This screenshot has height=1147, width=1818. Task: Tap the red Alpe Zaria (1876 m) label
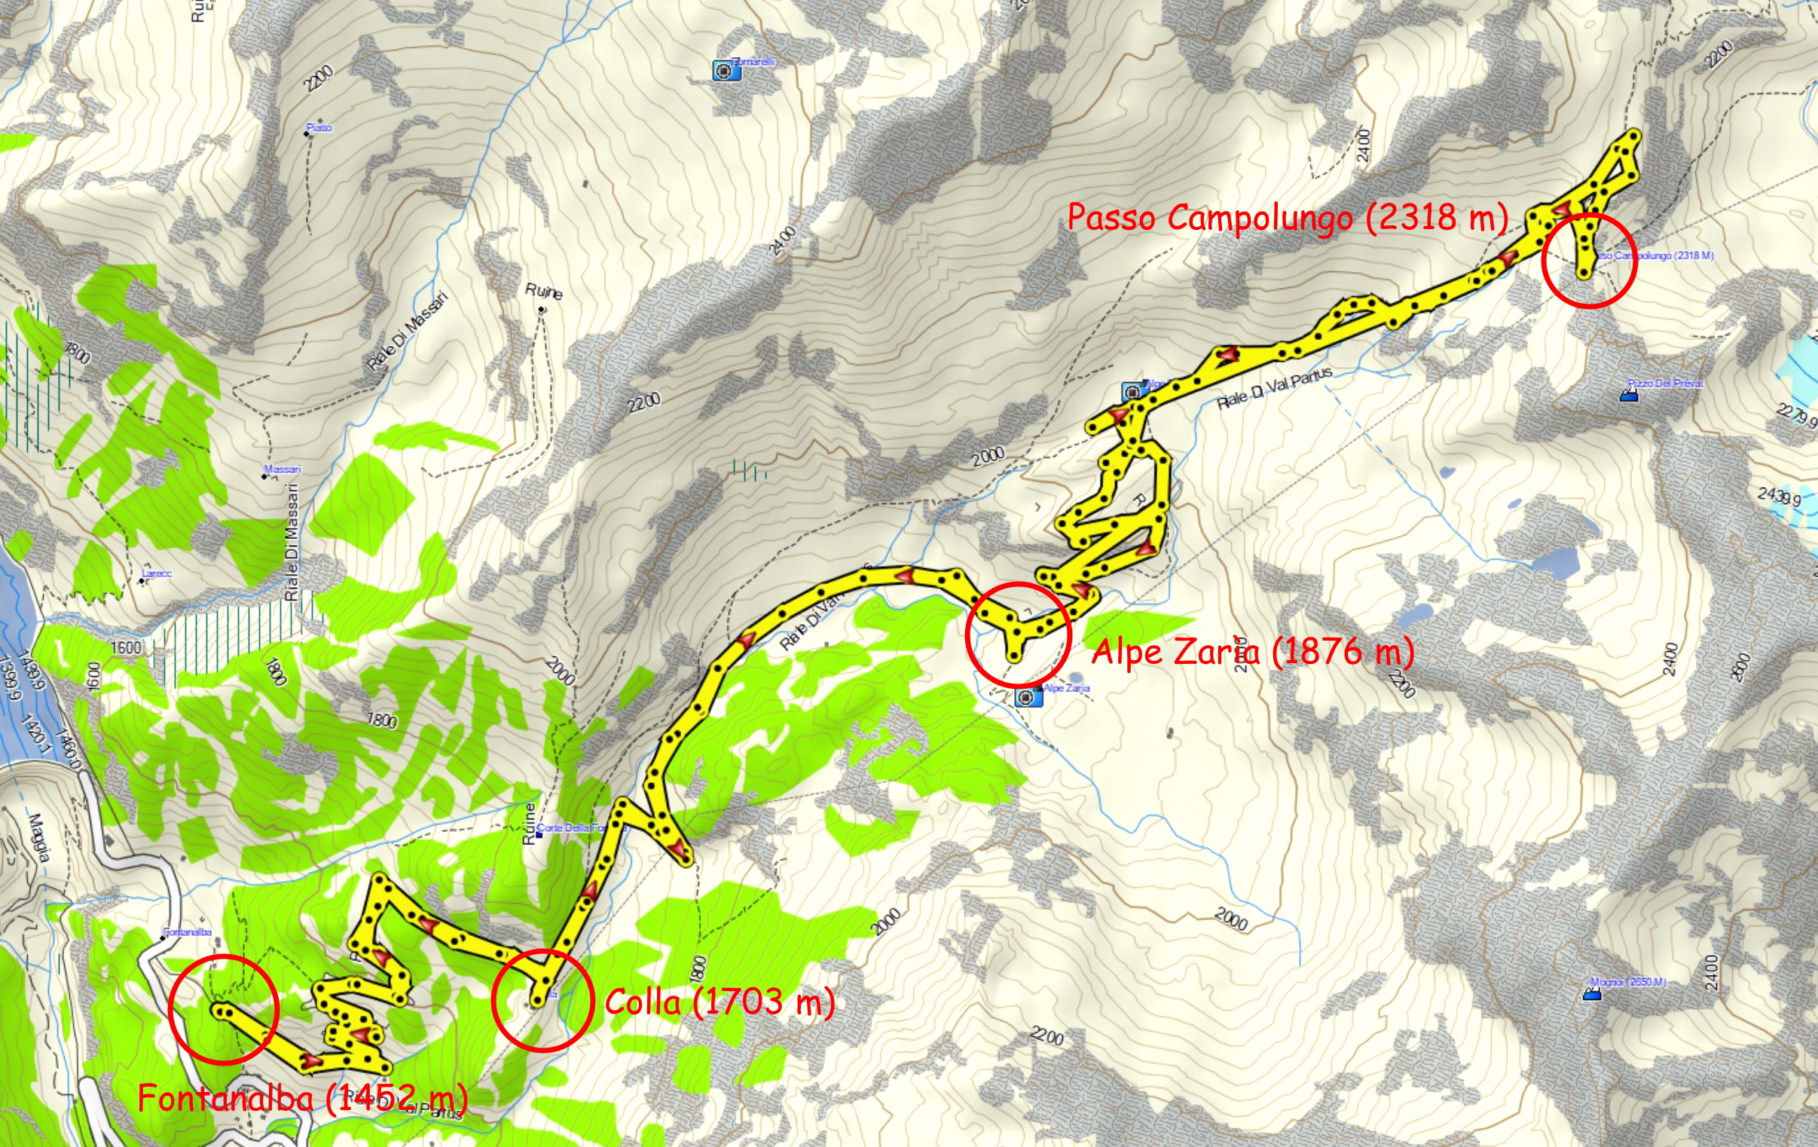click(x=1251, y=651)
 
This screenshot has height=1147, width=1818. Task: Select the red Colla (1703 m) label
click(x=720, y=1002)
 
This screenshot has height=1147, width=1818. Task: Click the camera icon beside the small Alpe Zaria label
click(x=1025, y=697)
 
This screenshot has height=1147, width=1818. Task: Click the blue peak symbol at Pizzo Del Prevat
click(x=1629, y=394)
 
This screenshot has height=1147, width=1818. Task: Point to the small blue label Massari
click(x=283, y=469)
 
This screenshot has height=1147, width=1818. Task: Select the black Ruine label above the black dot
click(x=543, y=292)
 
